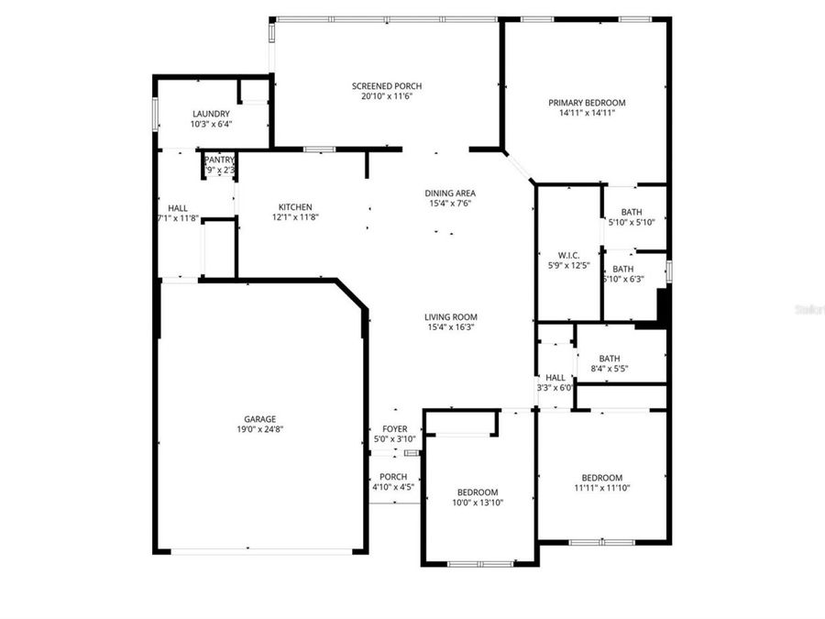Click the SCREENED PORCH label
point(387,86)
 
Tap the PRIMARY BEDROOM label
point(587,103)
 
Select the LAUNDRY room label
point(211,114)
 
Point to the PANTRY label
point(220,160)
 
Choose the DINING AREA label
point(450,193)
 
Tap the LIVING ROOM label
point(450,316)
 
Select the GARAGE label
point(258,419)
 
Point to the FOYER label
point(394,428)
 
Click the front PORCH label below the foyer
point(393,476)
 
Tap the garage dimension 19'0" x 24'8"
point(258,429)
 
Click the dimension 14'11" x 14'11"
point(587,114)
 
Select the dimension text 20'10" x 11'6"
point(387,96)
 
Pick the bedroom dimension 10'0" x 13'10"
point(478,503)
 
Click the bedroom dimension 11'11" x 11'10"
point(601,488)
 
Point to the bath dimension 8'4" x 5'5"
point(610,370)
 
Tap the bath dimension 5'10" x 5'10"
point(631,223)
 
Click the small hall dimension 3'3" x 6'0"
point(555,388)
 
